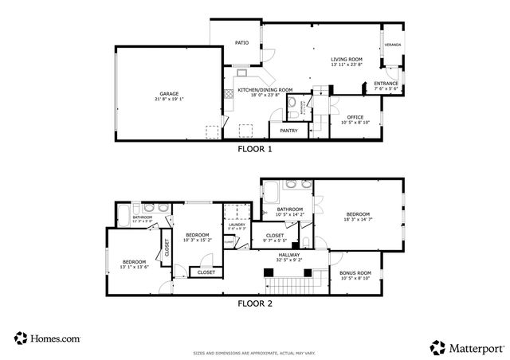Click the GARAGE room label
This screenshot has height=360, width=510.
(167, 93)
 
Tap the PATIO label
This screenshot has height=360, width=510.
(241, 42)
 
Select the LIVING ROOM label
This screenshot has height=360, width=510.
(347, 59)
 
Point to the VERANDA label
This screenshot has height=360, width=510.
(393, 45)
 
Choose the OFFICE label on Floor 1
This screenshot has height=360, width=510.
(355, 117)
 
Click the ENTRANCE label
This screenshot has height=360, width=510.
(386, 83)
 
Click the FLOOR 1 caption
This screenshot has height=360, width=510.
(255, 149)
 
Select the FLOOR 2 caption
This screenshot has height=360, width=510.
(255, 303)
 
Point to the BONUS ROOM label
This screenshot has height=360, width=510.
(355, 273)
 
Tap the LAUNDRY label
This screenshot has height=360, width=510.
(237, 225)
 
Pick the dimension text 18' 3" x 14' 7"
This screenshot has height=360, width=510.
(358, 219)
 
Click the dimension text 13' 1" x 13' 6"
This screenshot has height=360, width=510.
(134, 268)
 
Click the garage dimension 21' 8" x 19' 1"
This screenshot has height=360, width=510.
(167, 99)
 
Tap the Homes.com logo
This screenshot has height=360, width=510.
(47, 338)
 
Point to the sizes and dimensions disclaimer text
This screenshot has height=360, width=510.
(255, 350)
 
